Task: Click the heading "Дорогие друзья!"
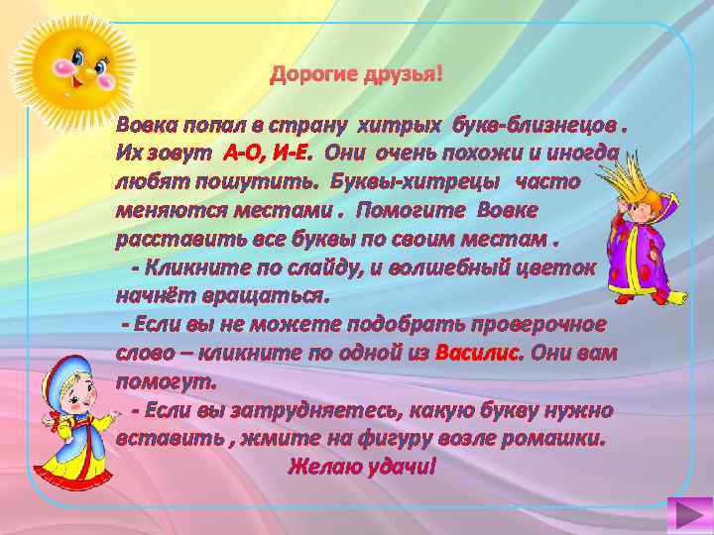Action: coord(358,76)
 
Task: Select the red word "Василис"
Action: coord(483,353)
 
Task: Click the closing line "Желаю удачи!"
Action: coord(361,465)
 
